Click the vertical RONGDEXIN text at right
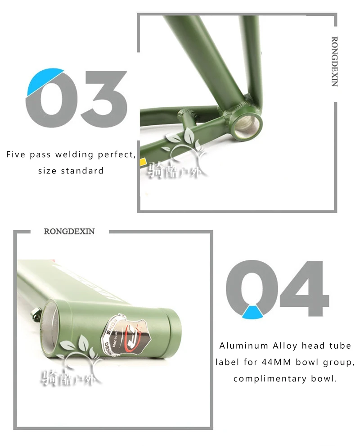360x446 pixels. [334, 61]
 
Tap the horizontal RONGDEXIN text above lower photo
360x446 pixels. [69, 232]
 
